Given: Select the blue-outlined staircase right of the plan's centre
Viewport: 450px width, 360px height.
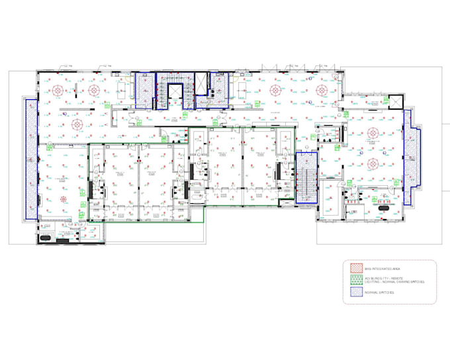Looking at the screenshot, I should [x=306, y=177].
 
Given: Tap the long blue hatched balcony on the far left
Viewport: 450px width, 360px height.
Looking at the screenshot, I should [x=30, y=159].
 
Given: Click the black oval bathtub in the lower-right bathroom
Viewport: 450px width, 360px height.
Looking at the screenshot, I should [x=384, y=207].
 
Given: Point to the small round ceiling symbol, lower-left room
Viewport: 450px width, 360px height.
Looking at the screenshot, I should [x=64, y=199].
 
